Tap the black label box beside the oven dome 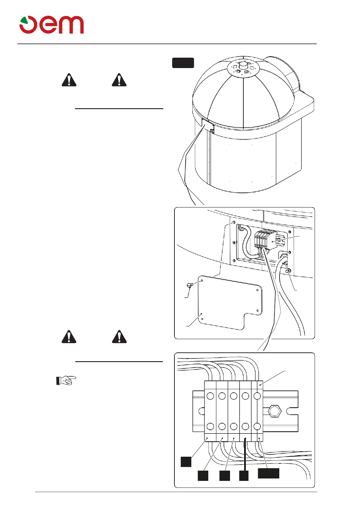[183, 63]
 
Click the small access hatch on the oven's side [208, 126]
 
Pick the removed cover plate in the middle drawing [230, 302]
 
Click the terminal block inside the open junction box [265, 240]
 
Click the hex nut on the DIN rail [274, 411]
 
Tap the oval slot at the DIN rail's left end [201, 411]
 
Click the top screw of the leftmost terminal [210, 396]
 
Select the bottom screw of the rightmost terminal [257, 426]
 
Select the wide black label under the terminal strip [268, 473]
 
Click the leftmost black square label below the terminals [186, 462]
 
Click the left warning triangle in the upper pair [69, 80]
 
